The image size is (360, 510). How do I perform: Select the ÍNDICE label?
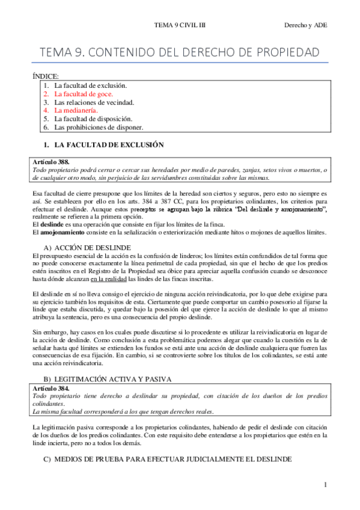click(x=45, y=76)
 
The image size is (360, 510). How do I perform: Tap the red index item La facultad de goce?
click(x=84, y=94)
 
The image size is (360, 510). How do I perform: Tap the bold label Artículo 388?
click(x=53, y=162)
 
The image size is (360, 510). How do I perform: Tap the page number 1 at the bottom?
click(x=325, y=484)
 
